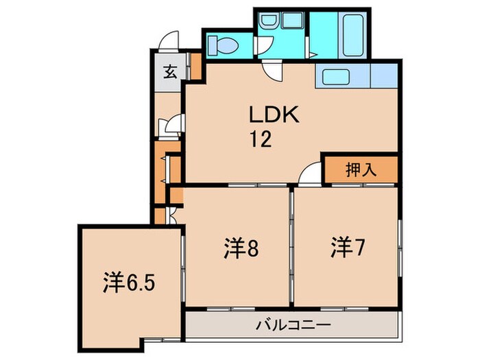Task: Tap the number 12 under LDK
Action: point(261,139)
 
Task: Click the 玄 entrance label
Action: point(169,71)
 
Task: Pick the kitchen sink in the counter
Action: point(336,77)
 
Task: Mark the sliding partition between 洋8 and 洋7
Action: point(291,247)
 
